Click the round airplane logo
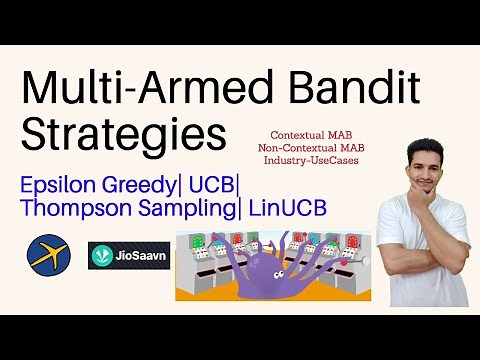pyautogui.click(x=46, y=253)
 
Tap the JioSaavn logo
pyautogui.click(x=128, y=255)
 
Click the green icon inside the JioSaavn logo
pyautogui.click(x=103, y=255)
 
